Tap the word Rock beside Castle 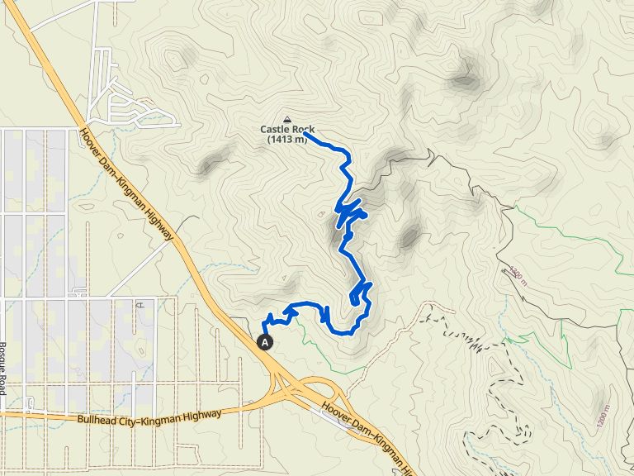coord(300,129)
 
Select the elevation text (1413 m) coord(287,139)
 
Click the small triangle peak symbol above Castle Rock coord(287,118)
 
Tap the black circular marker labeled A coord(265,340)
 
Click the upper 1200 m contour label coord(516,273)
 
